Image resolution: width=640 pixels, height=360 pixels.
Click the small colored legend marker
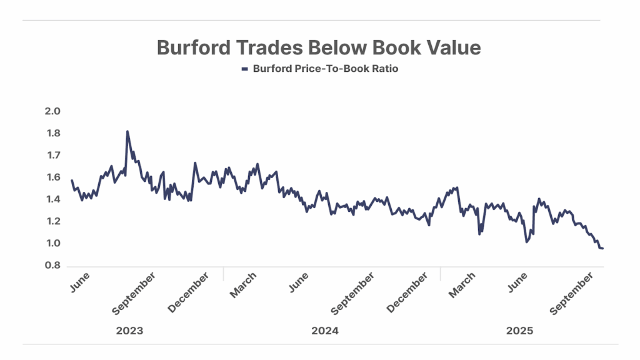[x=245, y=69]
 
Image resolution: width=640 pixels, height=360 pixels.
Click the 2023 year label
[x=129, y=331]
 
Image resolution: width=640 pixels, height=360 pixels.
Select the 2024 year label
[x=325, y=331]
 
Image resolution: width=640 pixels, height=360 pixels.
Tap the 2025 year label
[x=520, y=331]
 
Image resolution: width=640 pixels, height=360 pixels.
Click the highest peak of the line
[x=127, y=131]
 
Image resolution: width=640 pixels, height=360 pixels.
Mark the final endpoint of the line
[x=602, y=249]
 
